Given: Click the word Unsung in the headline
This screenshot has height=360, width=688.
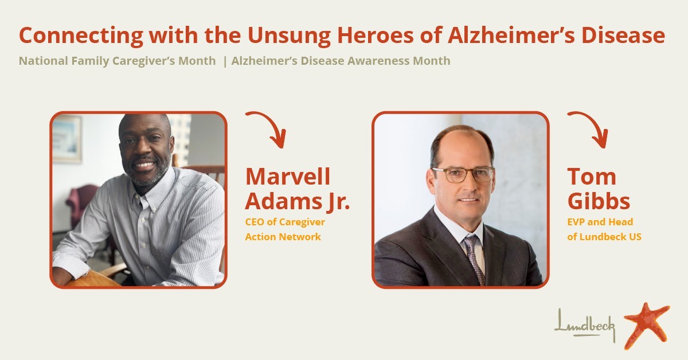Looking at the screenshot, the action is (289, 36).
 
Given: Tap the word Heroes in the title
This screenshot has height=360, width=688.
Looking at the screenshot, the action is (376, 36).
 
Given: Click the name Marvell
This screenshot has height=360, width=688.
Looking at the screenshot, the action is (288, 177).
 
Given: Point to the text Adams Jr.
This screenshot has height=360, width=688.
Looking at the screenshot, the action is (298, 202).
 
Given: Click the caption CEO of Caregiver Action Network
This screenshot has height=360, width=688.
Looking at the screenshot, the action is (285, 229).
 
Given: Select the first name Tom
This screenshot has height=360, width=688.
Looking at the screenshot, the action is (592, 177).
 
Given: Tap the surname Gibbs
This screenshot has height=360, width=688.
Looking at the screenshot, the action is (599, 202).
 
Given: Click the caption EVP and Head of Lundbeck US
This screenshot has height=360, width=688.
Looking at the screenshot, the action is (604, 229).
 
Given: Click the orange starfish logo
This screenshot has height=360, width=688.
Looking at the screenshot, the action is (647, 326).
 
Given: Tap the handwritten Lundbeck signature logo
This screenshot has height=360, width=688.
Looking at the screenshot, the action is (585, 326).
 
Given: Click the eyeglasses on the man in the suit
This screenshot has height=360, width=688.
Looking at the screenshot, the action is (463, 174).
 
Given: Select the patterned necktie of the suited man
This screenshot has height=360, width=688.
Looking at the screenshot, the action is (474, 259).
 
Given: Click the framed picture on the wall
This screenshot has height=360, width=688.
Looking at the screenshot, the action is (67, 139).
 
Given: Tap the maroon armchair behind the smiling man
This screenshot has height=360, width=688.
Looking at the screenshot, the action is (80, 204).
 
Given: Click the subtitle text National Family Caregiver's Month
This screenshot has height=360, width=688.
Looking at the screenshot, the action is (118, 61).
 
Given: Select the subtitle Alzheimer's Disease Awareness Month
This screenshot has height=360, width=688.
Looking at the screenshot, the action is (341, 61).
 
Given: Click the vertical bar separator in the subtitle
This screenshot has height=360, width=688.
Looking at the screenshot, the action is (225, 61).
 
